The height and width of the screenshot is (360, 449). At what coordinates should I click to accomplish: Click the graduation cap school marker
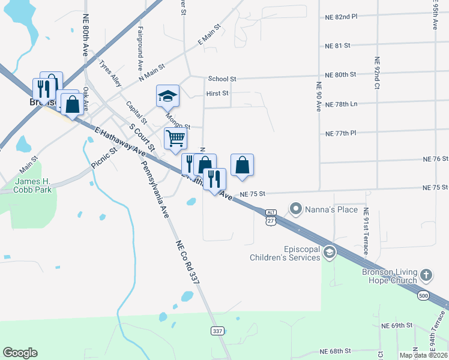[x=168, y=95]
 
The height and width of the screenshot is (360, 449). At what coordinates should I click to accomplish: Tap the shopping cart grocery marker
[x=175, y=137]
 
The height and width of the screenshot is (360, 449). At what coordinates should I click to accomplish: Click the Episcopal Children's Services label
[x=285, y=253]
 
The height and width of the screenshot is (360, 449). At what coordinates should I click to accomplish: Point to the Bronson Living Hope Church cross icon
[x=426, y=275]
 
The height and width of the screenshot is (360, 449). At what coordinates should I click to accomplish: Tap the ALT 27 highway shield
[x=271, y=218]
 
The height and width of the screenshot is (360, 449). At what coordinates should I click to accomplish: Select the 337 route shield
[x=218, y=331]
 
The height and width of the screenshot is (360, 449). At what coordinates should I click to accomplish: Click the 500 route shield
[x=423, y=296]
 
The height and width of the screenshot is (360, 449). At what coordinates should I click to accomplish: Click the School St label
[x=222, y=79]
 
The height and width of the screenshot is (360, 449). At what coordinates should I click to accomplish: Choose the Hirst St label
[x=217, y=94]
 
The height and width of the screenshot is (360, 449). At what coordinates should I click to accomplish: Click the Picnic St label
[x=103, y=157]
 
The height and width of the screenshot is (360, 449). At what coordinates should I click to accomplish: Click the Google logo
[x=20, y=353]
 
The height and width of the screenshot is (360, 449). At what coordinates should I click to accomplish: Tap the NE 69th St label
[x=397, y=325]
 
